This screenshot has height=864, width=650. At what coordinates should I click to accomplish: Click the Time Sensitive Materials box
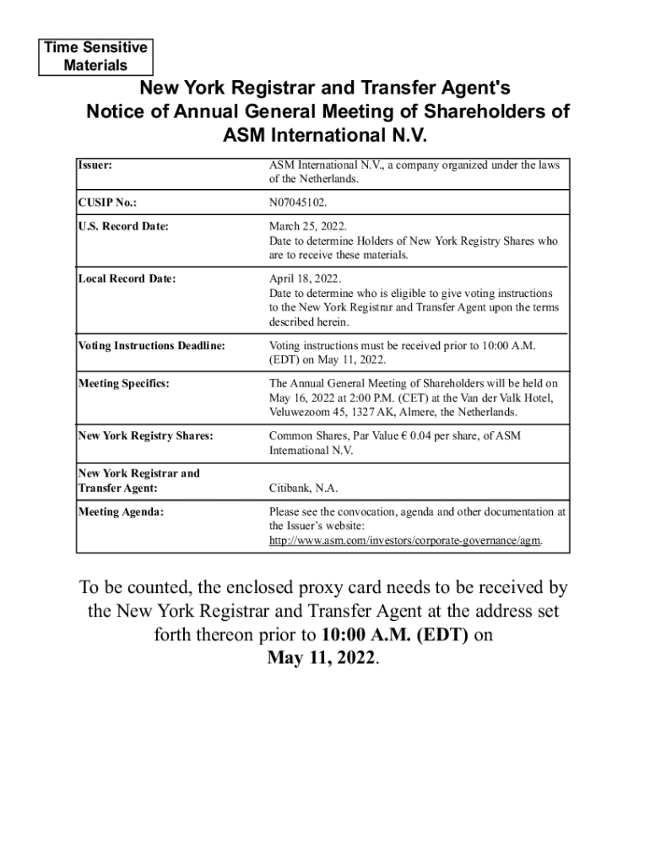click(x=95, y=57)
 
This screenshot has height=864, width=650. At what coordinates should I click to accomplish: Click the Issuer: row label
click(x=95, y=165)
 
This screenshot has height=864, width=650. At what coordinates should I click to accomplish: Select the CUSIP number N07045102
click(x=298, y=203)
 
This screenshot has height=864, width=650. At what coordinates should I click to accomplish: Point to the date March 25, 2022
click(x=307, y=227)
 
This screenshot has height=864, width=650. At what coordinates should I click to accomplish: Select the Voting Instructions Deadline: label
click(x=151, y=345)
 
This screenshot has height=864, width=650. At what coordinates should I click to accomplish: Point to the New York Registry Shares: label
click(x=145, y=435)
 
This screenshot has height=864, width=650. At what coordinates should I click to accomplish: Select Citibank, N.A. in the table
click(x=303, y=489)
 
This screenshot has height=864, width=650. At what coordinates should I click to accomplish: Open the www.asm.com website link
click(x=405, y=540)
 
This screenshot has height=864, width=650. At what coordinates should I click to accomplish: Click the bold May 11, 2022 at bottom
click(x=321, y=658)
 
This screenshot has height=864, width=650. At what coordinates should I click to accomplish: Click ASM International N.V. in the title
click(x=326, y=135)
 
